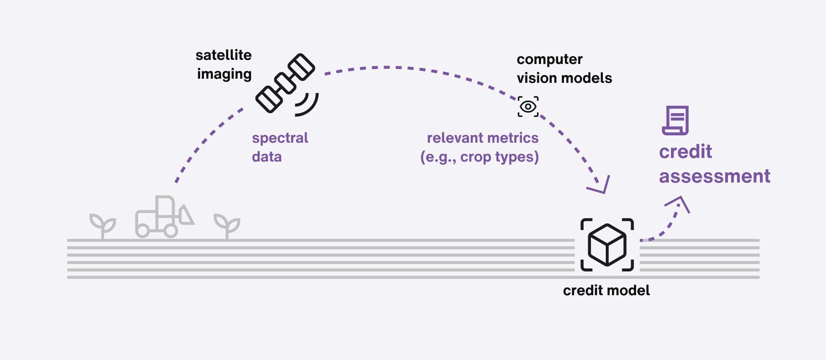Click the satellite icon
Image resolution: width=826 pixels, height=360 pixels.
point(285,83)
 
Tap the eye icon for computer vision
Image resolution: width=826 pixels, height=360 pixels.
point(528,107)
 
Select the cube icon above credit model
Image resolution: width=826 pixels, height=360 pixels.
point(607,245)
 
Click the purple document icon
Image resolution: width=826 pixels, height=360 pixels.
point(675,121)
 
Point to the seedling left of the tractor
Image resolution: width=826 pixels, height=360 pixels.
point(103,225)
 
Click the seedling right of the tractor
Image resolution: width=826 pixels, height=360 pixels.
point(227,225)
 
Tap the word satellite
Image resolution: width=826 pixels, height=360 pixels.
point(224,55)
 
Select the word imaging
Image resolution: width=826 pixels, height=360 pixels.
point(224,74)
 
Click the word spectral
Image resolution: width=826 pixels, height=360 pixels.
point(280,138)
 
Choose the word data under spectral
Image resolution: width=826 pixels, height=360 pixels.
point(267,157)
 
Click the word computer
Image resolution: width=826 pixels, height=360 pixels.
point(549,59)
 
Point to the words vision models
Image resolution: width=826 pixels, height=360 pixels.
point(564,78)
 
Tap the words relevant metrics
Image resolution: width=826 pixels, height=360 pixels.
point(482,138)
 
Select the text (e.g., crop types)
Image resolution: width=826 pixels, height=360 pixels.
point(479,157)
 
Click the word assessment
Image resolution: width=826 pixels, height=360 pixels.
point(714,176)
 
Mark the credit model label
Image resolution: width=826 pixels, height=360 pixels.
point(606,290)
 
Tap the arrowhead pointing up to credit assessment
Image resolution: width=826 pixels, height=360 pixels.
point(679,203)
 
